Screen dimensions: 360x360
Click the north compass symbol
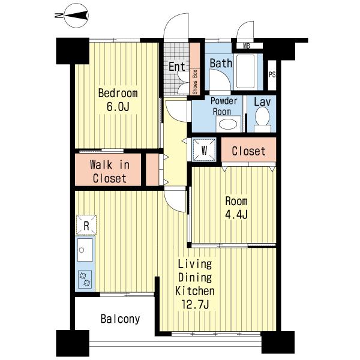(x=76, y=16)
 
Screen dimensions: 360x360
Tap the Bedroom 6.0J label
(x=118, y=100)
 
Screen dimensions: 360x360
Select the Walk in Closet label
(x=110, y=172)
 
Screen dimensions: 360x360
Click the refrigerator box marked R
(x=86, y=225)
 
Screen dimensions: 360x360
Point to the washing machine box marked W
(x=204, y=150)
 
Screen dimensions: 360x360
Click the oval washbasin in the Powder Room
(x=228, y=125)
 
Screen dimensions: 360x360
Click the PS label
(x=272, y=75)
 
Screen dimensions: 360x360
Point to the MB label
(x=247, y=46)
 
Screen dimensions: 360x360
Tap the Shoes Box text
(x=195, y=82)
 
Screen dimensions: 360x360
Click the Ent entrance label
(x=177, y=67)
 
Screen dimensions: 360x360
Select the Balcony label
(x=121, y=319)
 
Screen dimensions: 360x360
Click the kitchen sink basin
(x=85, y=250)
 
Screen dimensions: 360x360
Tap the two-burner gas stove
(x=85, y=279)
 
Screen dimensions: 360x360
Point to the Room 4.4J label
(x=236, y=208)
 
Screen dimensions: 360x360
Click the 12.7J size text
(x=195, y=305)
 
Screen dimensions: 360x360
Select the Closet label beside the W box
(x=248, y=151)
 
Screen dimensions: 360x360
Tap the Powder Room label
(x=224, y=106)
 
